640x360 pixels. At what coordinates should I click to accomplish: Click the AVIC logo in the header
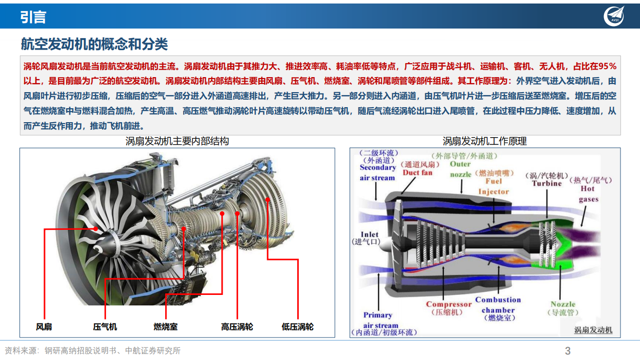pyautogui.click(x=614, y=16)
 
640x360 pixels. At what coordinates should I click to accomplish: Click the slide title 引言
pyautogui.click(x=33, y=17)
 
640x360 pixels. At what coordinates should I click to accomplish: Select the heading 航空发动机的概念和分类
pyautogui.click(x=94, y=44)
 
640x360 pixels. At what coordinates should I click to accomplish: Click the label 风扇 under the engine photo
pyautogui.click(x=44, y=327)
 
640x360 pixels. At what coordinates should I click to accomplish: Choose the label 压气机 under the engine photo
pyautogui.click(x=105, y=327)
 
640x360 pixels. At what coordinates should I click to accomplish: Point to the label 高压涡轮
pyautogui.click(x=237, y=327)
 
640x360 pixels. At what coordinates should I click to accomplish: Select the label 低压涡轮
pyautogui.click(x=298, y=327)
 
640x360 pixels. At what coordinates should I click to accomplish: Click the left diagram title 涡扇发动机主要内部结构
pyautogui.click(x=177, y=141)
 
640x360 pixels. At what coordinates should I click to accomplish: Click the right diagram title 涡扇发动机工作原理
pyautogui.click(x=484, y=141)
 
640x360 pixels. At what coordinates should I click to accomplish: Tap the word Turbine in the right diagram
pyautogui.click(x=547, y=184)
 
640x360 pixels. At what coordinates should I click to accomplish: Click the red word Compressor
pyautogui.click(x=449, y=304)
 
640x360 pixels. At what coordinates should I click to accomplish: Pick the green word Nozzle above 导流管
pyautogui.click(x=563, y=304)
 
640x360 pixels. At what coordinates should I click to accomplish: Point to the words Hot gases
pyautogui.click(x=588, y=194)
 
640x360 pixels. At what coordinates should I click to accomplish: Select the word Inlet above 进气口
pyautogui.click(x=370, y=234)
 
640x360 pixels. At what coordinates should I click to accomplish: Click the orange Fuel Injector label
pyautogui.click(x=493, y=186)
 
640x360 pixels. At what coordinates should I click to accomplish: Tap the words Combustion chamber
pyautogui.click(x=498, y=305)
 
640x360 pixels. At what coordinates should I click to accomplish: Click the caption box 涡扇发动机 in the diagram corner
pyautogui.click(x=593, y=330)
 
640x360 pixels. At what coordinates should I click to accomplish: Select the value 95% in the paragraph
pyautogui.click(x=607, y=67)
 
